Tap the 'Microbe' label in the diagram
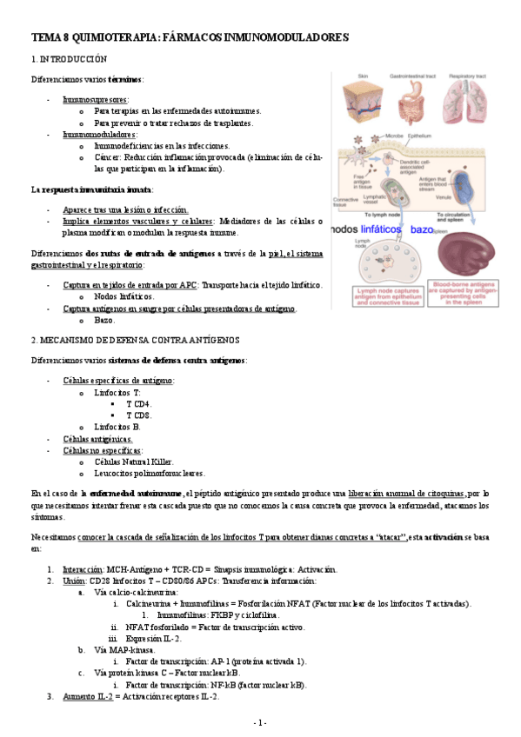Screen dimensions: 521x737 pyautogui.click(x=394, y=136)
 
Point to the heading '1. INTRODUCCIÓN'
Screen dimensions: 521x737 pyautogui.click(x=69, y=59)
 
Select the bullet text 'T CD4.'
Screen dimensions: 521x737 pyautogui.click(x=138, y=404)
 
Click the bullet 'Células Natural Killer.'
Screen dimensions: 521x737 pyautogui.click(x=133, y=461)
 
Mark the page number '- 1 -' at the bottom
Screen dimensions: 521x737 pyautogui.click(x=260, y=722)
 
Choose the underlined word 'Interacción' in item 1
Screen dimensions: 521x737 pyautogui.click(x=82, y=569)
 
